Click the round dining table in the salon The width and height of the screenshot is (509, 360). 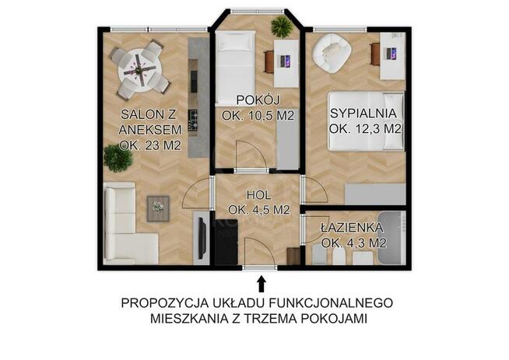point(139,70)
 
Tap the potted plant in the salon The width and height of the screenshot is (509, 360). point(118,159)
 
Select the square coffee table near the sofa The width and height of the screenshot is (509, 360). point(158,207)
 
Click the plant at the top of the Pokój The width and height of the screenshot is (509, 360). point(282,27)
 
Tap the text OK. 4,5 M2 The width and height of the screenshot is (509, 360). point(259,209)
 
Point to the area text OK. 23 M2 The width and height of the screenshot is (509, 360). point(152,145)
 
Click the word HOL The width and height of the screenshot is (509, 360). point(259,194)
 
